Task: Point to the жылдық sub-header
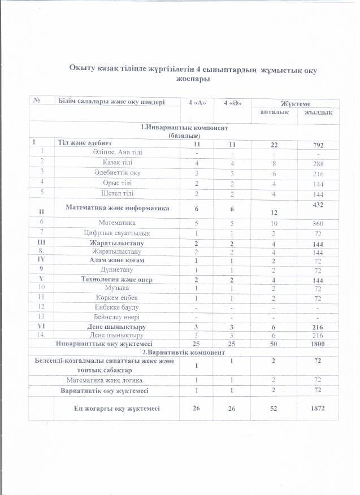click(x=318, y=113)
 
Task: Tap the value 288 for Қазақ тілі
click(x=319, y=163)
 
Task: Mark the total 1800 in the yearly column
click(x=319, y=343)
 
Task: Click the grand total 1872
click(x=319, y=409)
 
